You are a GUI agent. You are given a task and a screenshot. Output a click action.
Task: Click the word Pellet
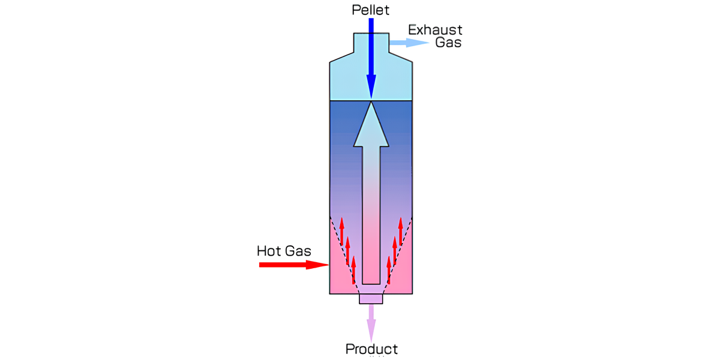(371, 10)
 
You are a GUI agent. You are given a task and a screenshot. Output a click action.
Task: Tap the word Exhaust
(435, 30)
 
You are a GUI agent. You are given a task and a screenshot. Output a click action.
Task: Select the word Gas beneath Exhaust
(448, 43)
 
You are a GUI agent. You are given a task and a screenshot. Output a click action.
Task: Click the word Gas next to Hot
(298, 251)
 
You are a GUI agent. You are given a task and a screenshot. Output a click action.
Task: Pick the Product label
(371, 349)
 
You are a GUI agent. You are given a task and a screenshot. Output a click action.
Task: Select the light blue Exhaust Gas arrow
(409, 43)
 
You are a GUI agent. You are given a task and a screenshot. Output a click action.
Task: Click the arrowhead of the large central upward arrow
(371, 126)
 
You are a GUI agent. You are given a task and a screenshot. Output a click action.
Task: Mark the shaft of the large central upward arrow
(371, 216)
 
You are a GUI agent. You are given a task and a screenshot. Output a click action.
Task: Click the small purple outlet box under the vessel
(371, 299)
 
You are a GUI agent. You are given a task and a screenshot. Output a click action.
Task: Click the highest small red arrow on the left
(341, 231)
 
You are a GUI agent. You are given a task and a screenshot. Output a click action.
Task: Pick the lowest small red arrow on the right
(389, 270)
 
